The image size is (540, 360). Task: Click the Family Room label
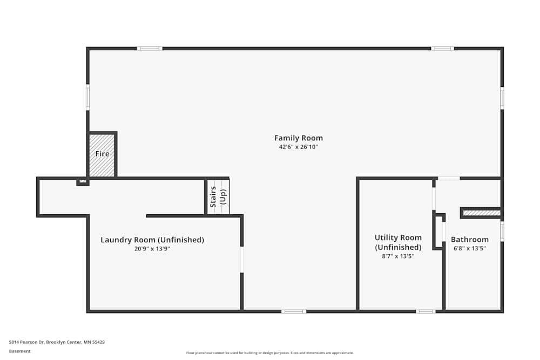298,138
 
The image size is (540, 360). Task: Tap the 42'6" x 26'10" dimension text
298,147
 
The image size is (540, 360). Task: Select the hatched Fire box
102,155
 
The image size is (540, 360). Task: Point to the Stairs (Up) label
217,197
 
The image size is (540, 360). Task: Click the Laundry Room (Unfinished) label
152,240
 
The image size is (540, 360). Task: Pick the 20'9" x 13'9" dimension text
152,249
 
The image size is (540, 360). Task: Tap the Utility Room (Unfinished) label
398,242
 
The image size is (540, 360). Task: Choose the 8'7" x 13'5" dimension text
398,256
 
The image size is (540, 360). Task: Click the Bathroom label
470,240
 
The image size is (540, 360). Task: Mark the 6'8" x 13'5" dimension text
470,248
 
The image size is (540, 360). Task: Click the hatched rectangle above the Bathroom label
482,213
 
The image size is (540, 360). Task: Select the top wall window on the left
150,49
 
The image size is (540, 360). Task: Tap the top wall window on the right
442,49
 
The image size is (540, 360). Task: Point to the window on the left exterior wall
88,98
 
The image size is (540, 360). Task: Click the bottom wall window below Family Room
294,311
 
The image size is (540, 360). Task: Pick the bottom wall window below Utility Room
425,311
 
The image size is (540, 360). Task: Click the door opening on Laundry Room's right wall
242,259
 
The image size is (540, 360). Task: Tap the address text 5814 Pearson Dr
57,342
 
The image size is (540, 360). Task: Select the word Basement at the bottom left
20,351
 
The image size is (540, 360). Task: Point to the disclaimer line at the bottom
270,353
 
